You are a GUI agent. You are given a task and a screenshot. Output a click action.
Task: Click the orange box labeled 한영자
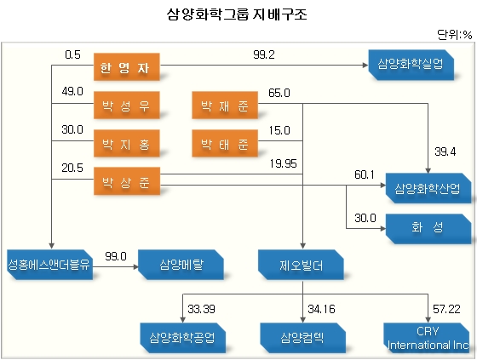pos(127,67)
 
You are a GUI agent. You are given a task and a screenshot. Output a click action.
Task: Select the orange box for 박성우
pos(127,106)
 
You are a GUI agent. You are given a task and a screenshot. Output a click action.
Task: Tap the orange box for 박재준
pos(225,106)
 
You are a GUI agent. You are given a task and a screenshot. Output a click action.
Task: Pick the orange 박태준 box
pos(225,144)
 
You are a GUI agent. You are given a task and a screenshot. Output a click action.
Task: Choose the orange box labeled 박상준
pos(127,181)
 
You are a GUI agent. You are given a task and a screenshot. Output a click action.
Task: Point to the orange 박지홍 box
pos(127,144)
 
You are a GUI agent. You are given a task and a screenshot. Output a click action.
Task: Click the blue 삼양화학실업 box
pos(411,65)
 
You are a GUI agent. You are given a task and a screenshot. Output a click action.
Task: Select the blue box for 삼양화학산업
pos(428,188)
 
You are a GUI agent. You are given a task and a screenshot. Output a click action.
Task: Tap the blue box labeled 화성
pos(428,229)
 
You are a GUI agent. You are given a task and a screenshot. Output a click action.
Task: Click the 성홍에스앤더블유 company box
pos(50,265)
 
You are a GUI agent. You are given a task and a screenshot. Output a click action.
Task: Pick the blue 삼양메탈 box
pos(181,265)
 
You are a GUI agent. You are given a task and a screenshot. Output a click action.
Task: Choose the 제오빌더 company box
pos(301,265)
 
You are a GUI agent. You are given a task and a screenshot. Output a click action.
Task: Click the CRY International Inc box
pos(426,338)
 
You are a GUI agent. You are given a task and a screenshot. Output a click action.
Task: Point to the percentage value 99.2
pos(264,54)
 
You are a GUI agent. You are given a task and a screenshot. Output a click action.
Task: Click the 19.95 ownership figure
pos(283,164)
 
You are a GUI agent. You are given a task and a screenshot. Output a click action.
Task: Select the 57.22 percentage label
pos(446,309)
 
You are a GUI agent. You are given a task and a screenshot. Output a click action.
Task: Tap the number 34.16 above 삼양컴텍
pos(321,309)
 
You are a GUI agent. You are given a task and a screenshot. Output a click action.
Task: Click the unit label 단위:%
pos(455,35)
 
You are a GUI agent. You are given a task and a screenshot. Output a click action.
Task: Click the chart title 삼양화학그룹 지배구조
pos(237,14)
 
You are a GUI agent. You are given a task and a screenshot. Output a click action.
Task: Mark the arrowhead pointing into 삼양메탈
pos(135,267)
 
